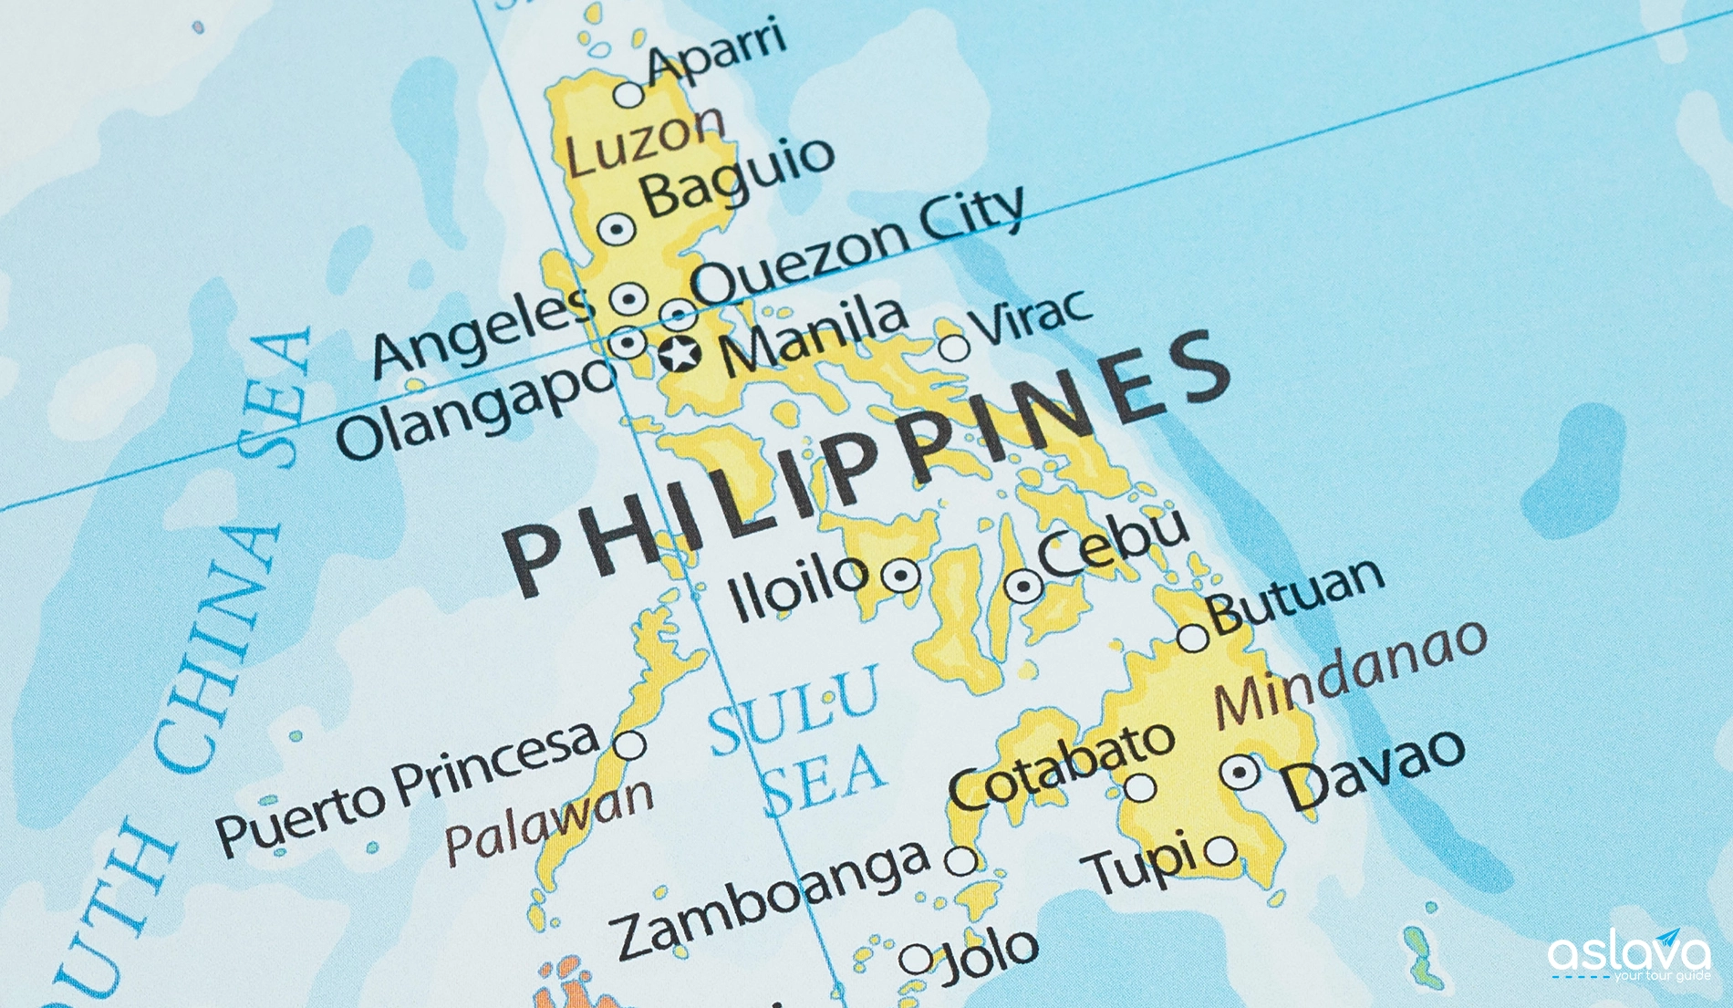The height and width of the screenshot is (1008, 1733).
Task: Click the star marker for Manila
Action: [x=680, y=353]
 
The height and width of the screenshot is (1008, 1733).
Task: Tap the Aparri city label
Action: [x=715, y=49]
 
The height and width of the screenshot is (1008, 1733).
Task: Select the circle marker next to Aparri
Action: [x=628, y=94]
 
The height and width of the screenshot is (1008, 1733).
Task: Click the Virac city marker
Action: [x=953, y=348]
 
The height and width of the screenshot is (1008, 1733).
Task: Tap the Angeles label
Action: [x=481, y=333]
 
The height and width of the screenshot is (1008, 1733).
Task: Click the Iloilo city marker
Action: [x=901, y=576]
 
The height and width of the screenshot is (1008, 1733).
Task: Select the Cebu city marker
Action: [x=1023, y=587]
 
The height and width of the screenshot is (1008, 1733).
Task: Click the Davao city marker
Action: [x=1240, y=773]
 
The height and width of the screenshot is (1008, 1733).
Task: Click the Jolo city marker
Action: [x=916, y=959]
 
